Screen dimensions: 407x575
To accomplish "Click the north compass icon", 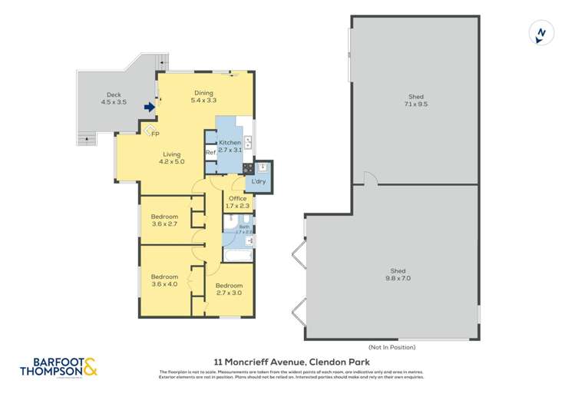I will pos(542,34).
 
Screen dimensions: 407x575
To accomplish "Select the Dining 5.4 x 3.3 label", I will pos(203,96).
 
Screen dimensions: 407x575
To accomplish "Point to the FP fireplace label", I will pos(155,135).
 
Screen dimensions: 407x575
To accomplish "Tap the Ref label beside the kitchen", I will pos(210,153).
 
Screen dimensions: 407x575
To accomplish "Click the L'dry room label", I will pos(259,181).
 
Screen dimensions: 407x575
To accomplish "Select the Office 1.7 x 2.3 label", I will pos(238,202).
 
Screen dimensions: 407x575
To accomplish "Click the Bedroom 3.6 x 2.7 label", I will pos(164,220).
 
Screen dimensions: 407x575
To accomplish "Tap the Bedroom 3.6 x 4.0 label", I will pos(164,280).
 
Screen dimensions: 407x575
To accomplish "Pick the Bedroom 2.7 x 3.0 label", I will pos(229,289).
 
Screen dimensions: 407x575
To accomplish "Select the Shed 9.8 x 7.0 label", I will pos(398,275).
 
